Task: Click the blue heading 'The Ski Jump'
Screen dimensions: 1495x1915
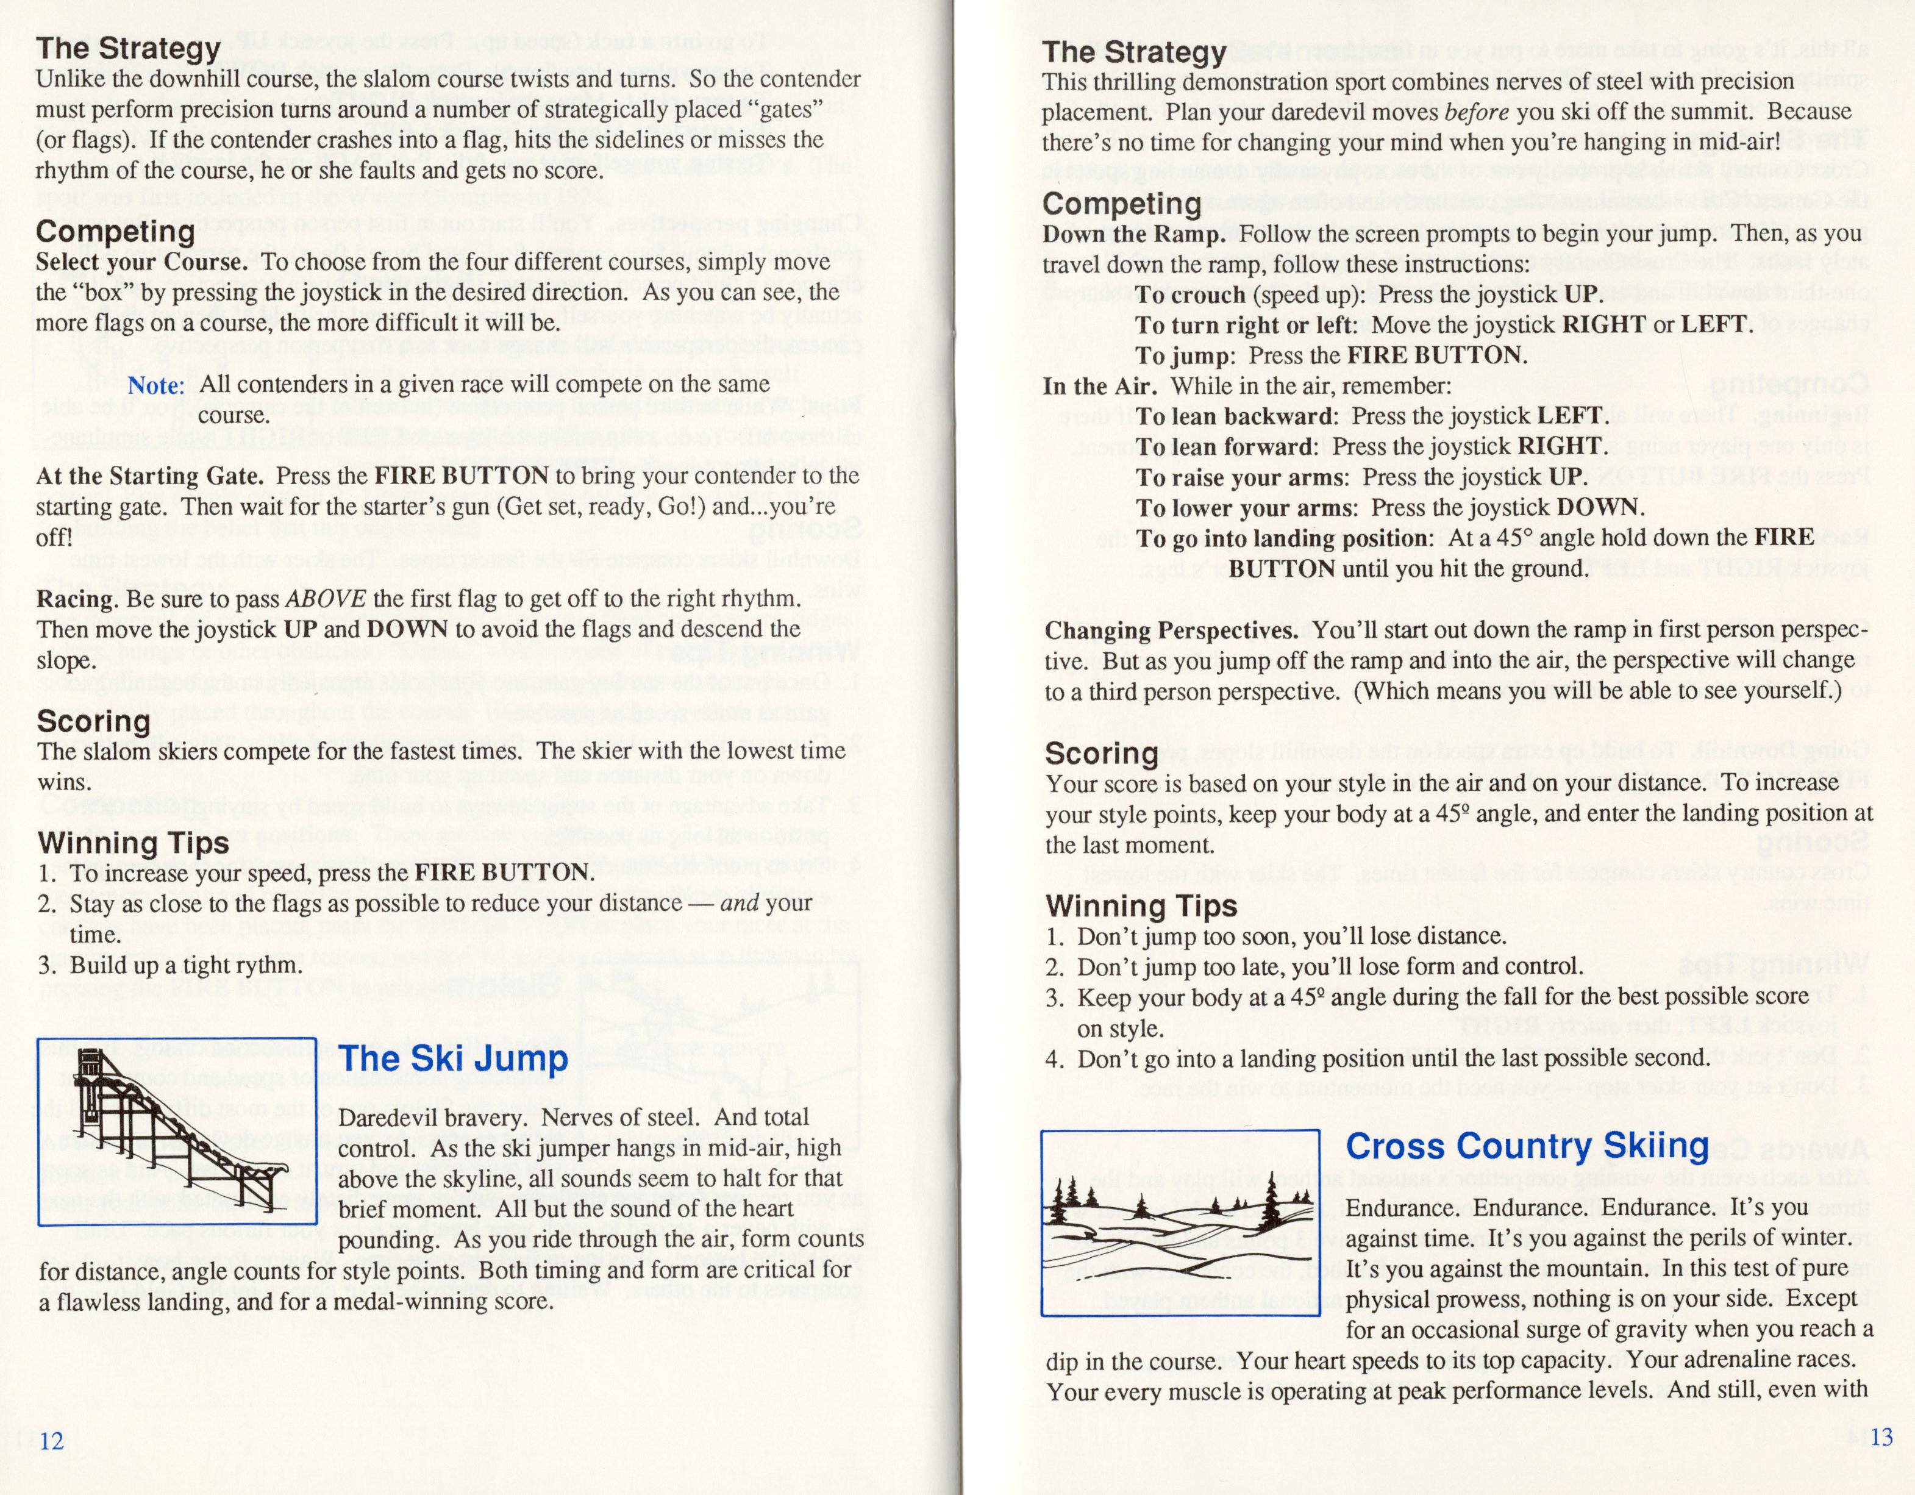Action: click(x=454, y=1058)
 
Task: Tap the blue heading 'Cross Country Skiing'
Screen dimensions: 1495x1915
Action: click(x=1527, y=1146)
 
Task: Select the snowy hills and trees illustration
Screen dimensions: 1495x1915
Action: click(x=1179, y=1223)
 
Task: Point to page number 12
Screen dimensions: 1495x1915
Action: click(x=52, y=1441)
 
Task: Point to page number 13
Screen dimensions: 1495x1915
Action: click(x=1881, y=1437)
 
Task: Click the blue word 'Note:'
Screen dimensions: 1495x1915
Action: click(x=156, y=385)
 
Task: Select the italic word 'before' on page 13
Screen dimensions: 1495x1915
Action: click(x=1475, y=112)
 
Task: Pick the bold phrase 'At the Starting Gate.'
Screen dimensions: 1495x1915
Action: click(x=150, y=476)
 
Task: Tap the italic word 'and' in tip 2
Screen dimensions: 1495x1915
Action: click(x=738, y=903)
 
